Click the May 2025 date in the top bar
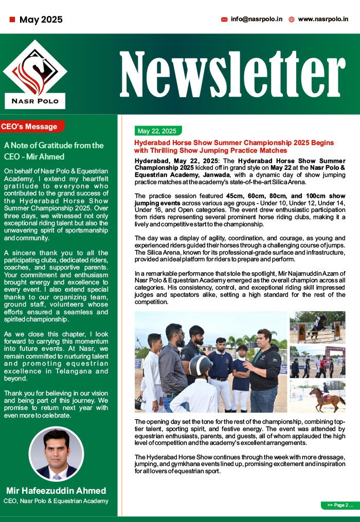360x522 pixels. click(41, 20)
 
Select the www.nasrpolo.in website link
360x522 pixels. click(323, 19)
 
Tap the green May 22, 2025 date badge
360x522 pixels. click(157, 131)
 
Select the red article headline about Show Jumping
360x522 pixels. click(234, 147)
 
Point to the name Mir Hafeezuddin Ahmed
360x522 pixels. click(56, 491)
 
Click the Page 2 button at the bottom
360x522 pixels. click(337, 505)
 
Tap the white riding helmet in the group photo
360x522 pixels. click(201, 366)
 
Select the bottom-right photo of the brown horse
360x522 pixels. click(317, 396)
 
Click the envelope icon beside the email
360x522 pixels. click(224, 20)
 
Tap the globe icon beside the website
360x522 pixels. click(292, 20)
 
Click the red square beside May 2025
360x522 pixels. click(12, 20)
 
